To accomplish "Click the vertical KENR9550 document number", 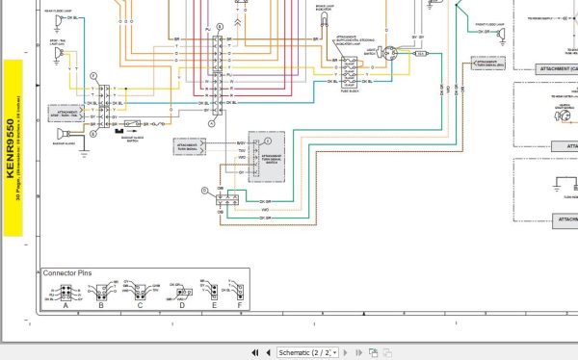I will [12, 148].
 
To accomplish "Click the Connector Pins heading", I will [68, 273].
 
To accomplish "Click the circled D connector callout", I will [204, 191].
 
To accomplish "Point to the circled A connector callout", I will [212, 125].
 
